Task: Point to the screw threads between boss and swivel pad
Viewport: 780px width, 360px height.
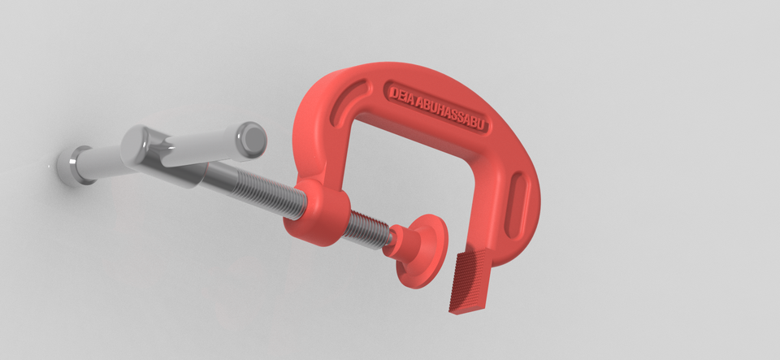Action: tap(369, 227)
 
